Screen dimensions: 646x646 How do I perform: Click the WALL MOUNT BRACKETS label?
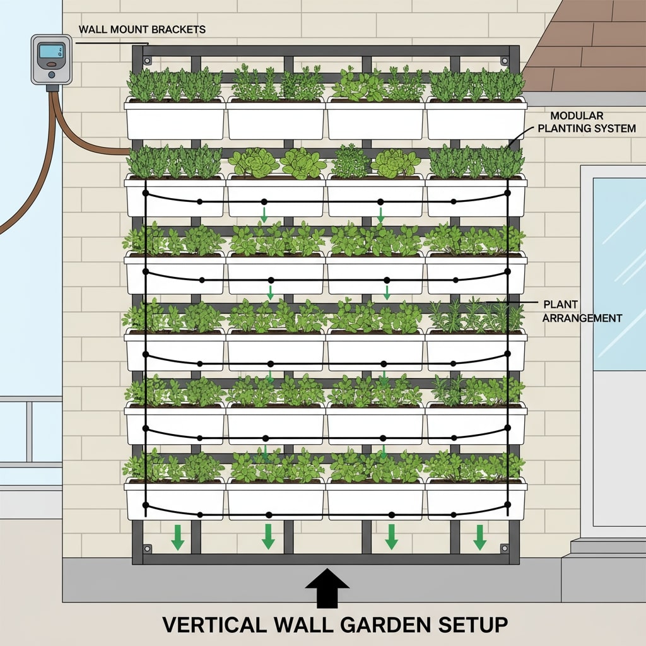click(x=142, y=30)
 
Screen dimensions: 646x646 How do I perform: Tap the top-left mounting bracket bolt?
click(x=147, y=61)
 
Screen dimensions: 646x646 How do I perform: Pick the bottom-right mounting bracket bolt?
click(x=505, y=548)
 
